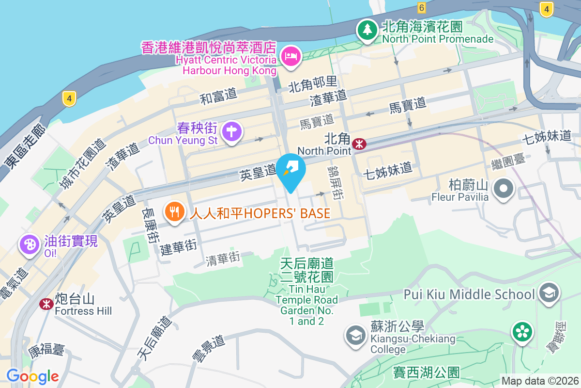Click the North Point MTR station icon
click(359, 143)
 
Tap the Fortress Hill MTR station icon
click(46, 304)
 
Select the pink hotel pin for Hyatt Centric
click(292, 57)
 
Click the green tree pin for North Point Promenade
click(367, 30)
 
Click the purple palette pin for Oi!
click(29, 244)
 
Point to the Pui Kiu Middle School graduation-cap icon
click(549, 293)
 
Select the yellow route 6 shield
click(421, 7)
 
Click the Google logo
click(32, 376)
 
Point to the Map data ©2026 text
click(539, 381)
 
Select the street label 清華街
click(223, 259)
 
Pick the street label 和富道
click(218, 96)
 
